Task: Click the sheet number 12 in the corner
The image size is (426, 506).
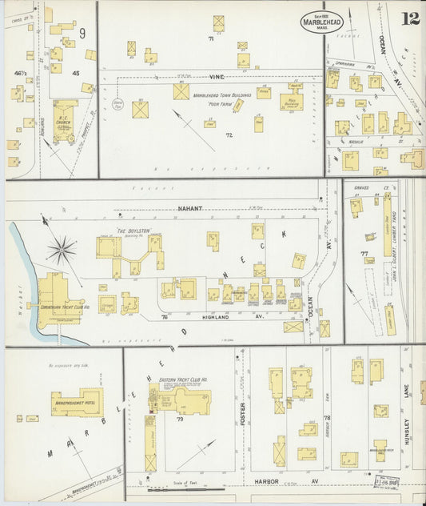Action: [x=409, y=18]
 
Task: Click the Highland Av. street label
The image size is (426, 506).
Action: [x=209, y=316]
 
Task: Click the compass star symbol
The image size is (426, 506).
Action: [x=61, y=250]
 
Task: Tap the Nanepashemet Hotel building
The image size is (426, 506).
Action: [x=77, y=404]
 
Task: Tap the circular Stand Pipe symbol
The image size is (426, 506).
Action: [x=117, y=103]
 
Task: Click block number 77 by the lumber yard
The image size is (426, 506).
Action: [x=364, y=255]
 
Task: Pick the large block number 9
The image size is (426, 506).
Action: [x=82, y=33]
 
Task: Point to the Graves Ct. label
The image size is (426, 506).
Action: [x=364, y=189]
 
